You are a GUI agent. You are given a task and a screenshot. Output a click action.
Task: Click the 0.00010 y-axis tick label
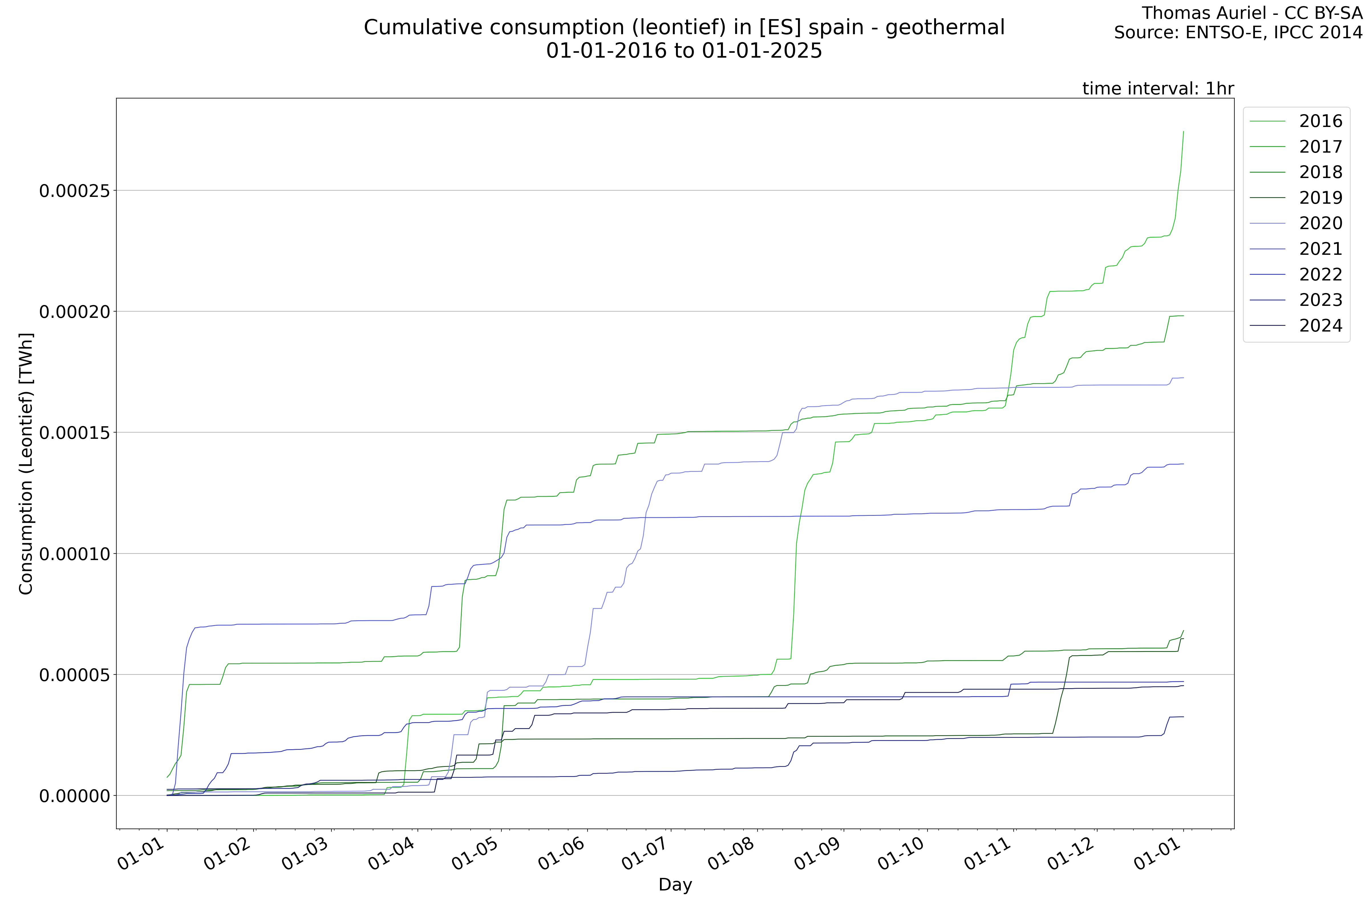(74, 554)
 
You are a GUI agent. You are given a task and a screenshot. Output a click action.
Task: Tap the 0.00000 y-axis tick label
(74, 796)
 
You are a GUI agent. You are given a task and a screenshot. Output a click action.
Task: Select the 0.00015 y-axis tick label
(74, 433)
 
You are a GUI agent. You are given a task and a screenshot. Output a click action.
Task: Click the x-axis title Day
(675, 885)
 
